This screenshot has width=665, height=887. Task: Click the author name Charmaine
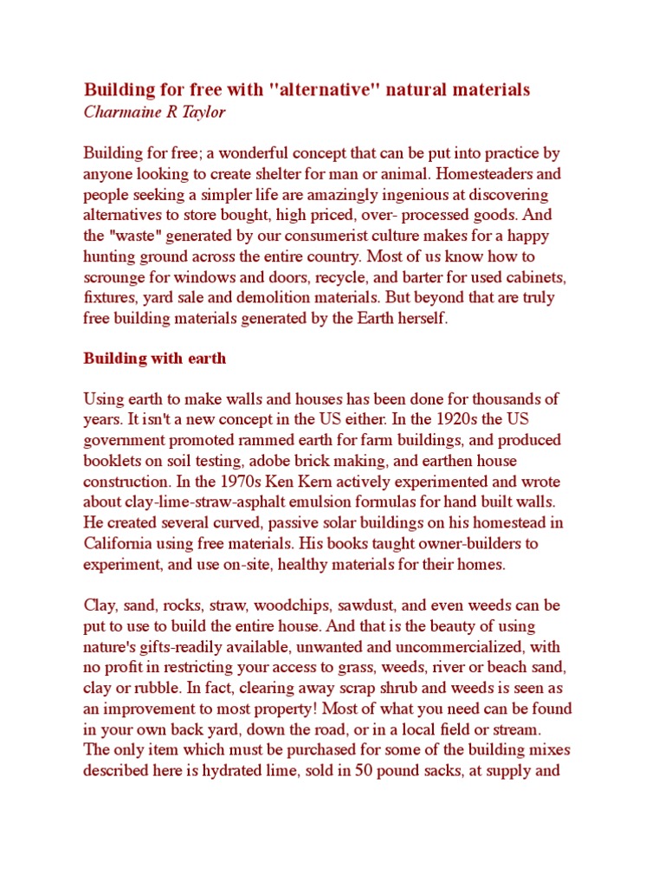tap(119, 112)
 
